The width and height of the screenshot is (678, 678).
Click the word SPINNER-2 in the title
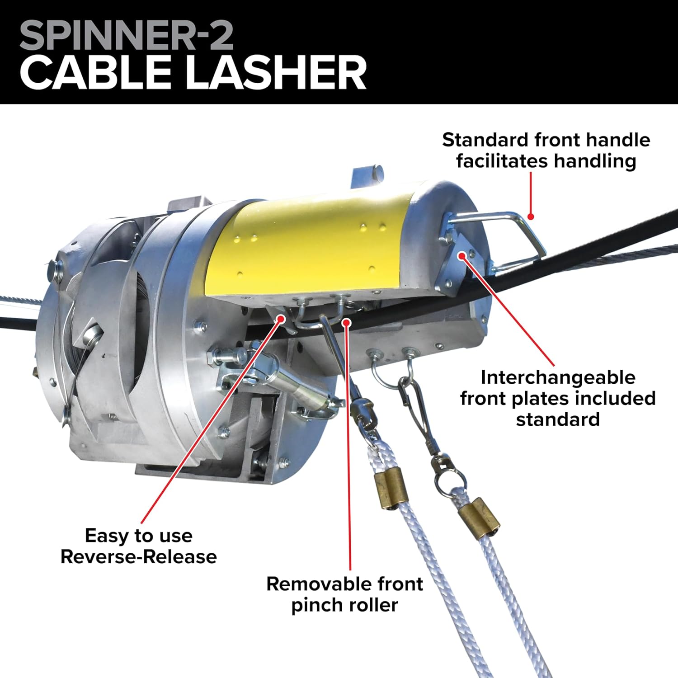click(x=126, y=36)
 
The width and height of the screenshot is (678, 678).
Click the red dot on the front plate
click(x=461, y=256)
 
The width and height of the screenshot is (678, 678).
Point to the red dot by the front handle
click(x=531, y=217)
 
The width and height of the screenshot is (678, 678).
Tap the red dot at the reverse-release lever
click(x=280, y=319)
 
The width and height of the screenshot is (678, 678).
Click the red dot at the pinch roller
click(x=347, y=322)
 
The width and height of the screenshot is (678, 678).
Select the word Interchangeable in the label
click(x=558, y=377)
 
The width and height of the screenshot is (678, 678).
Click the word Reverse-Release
click(x=138, y=557)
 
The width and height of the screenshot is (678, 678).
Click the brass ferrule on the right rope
click(x=479, y=518)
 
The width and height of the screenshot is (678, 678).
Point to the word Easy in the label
click(x=106, y=536)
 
